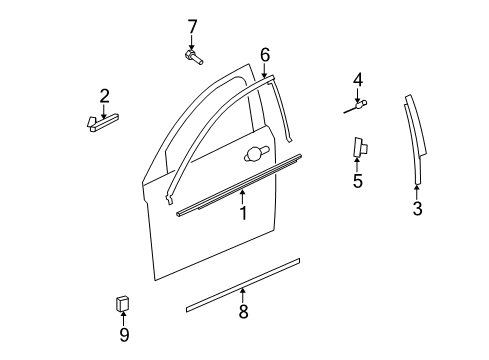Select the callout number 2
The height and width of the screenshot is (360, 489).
click(x=104, y=96)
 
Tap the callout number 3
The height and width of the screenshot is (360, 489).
click(x=418, y=209)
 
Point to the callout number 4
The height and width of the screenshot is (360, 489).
click(x=357, y=80)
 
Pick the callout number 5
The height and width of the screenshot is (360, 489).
click(x=357, y=181)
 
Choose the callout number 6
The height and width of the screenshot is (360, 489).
click(x=265, y=54)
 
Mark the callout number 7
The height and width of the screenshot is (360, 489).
click(x=193, y=25)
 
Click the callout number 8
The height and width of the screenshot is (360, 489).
click(x=243, y=313)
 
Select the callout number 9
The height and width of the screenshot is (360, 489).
click(x=124, y=335)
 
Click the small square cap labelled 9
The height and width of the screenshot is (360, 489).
click(x=123, y=303)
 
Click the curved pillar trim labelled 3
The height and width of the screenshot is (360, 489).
click(x=416, y=140)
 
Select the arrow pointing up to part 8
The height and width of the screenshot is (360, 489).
click(x=243, y=294)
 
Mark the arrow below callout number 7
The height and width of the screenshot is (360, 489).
click(x=193, y=41)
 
